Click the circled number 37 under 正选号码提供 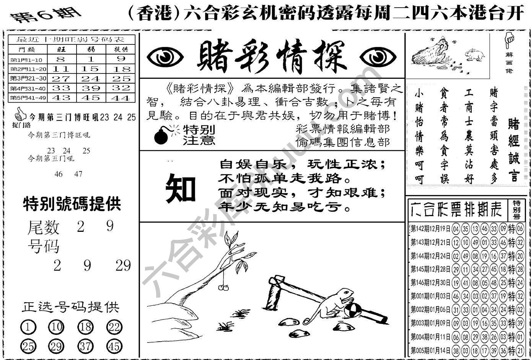[85, 346]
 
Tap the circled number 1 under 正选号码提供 [28, 327]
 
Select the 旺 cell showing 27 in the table [61, 79]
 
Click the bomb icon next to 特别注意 [162, 136]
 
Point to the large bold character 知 [180, 188]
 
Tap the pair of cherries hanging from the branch [222, 287]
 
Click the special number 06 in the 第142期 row [520, 229]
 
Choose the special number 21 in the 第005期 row [520, 350]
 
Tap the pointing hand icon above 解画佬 [509, 39]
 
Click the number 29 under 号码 [123, 266]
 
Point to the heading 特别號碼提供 [72, 204]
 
